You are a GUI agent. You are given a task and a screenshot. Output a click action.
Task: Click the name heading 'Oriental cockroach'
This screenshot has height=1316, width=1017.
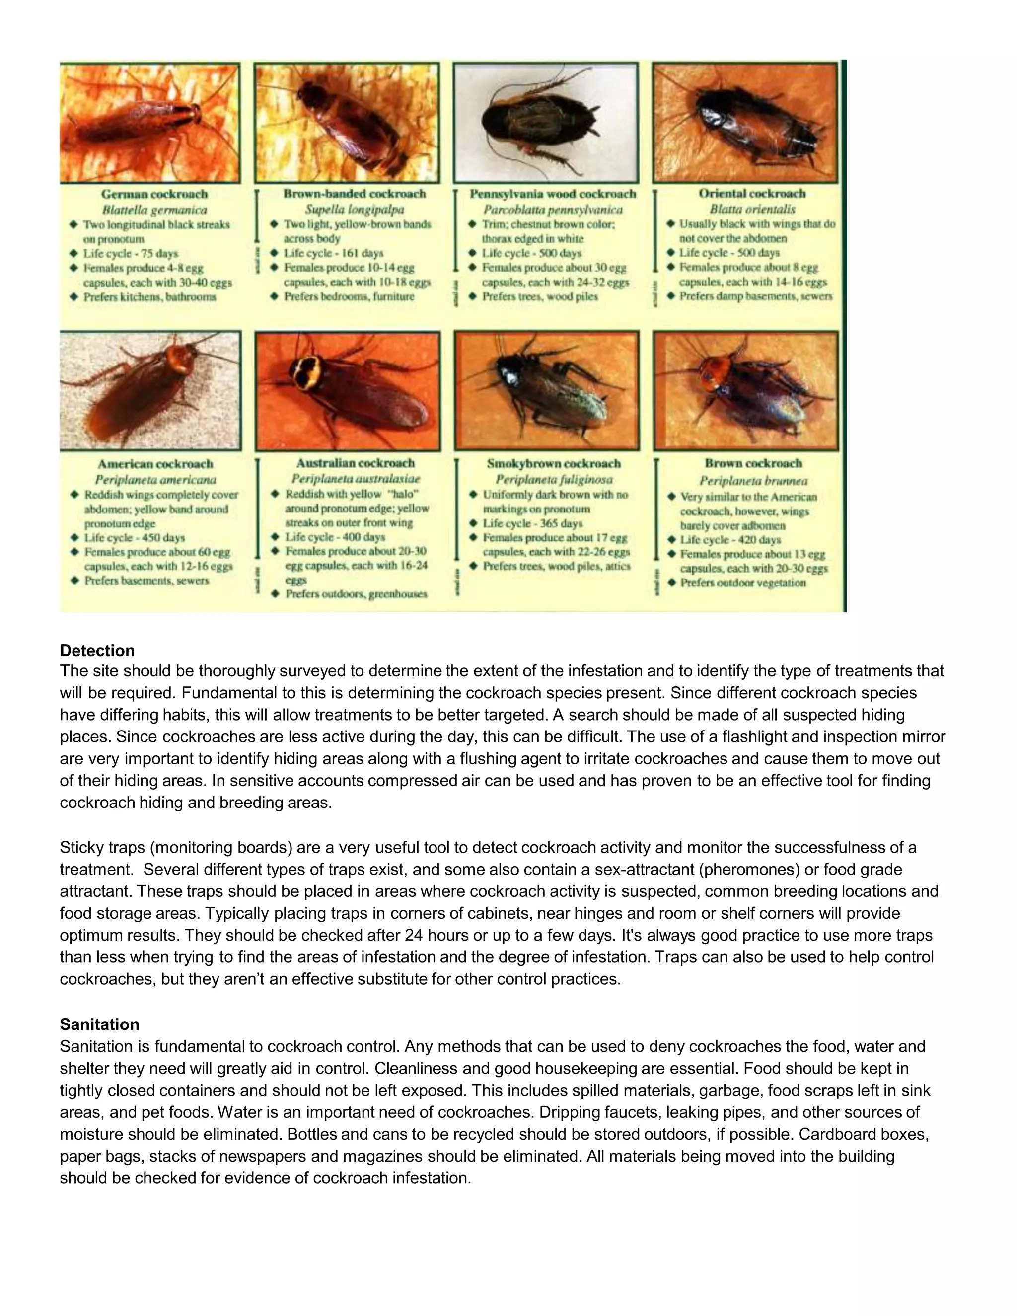[752, 193]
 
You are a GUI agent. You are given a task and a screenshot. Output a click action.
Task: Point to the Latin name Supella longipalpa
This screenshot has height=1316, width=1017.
[354, 209]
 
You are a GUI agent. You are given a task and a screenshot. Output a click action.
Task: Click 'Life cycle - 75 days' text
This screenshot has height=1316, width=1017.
[130, 253]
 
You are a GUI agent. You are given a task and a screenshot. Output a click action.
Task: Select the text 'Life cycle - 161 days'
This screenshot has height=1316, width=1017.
[333, 253]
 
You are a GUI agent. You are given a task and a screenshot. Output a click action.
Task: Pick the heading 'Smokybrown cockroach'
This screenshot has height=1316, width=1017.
[553, 463]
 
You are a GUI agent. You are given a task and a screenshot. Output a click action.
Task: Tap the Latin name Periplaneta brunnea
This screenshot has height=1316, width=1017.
[753, 480]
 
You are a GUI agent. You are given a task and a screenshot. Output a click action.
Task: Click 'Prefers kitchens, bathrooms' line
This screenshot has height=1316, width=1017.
[149, 296]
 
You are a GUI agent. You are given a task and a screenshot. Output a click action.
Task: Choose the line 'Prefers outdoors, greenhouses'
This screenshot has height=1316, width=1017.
[356, 593]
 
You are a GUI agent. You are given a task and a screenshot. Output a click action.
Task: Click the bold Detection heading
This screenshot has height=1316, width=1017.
[97, 650]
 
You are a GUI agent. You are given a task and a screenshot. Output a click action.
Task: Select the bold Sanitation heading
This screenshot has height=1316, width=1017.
[99, 1024]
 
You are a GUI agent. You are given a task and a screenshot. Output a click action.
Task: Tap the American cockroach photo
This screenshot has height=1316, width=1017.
[150, 390]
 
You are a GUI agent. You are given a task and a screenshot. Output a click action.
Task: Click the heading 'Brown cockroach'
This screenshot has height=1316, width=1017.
[753, 463]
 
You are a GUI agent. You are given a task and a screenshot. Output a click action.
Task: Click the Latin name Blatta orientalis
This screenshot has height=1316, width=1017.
[752, 209]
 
